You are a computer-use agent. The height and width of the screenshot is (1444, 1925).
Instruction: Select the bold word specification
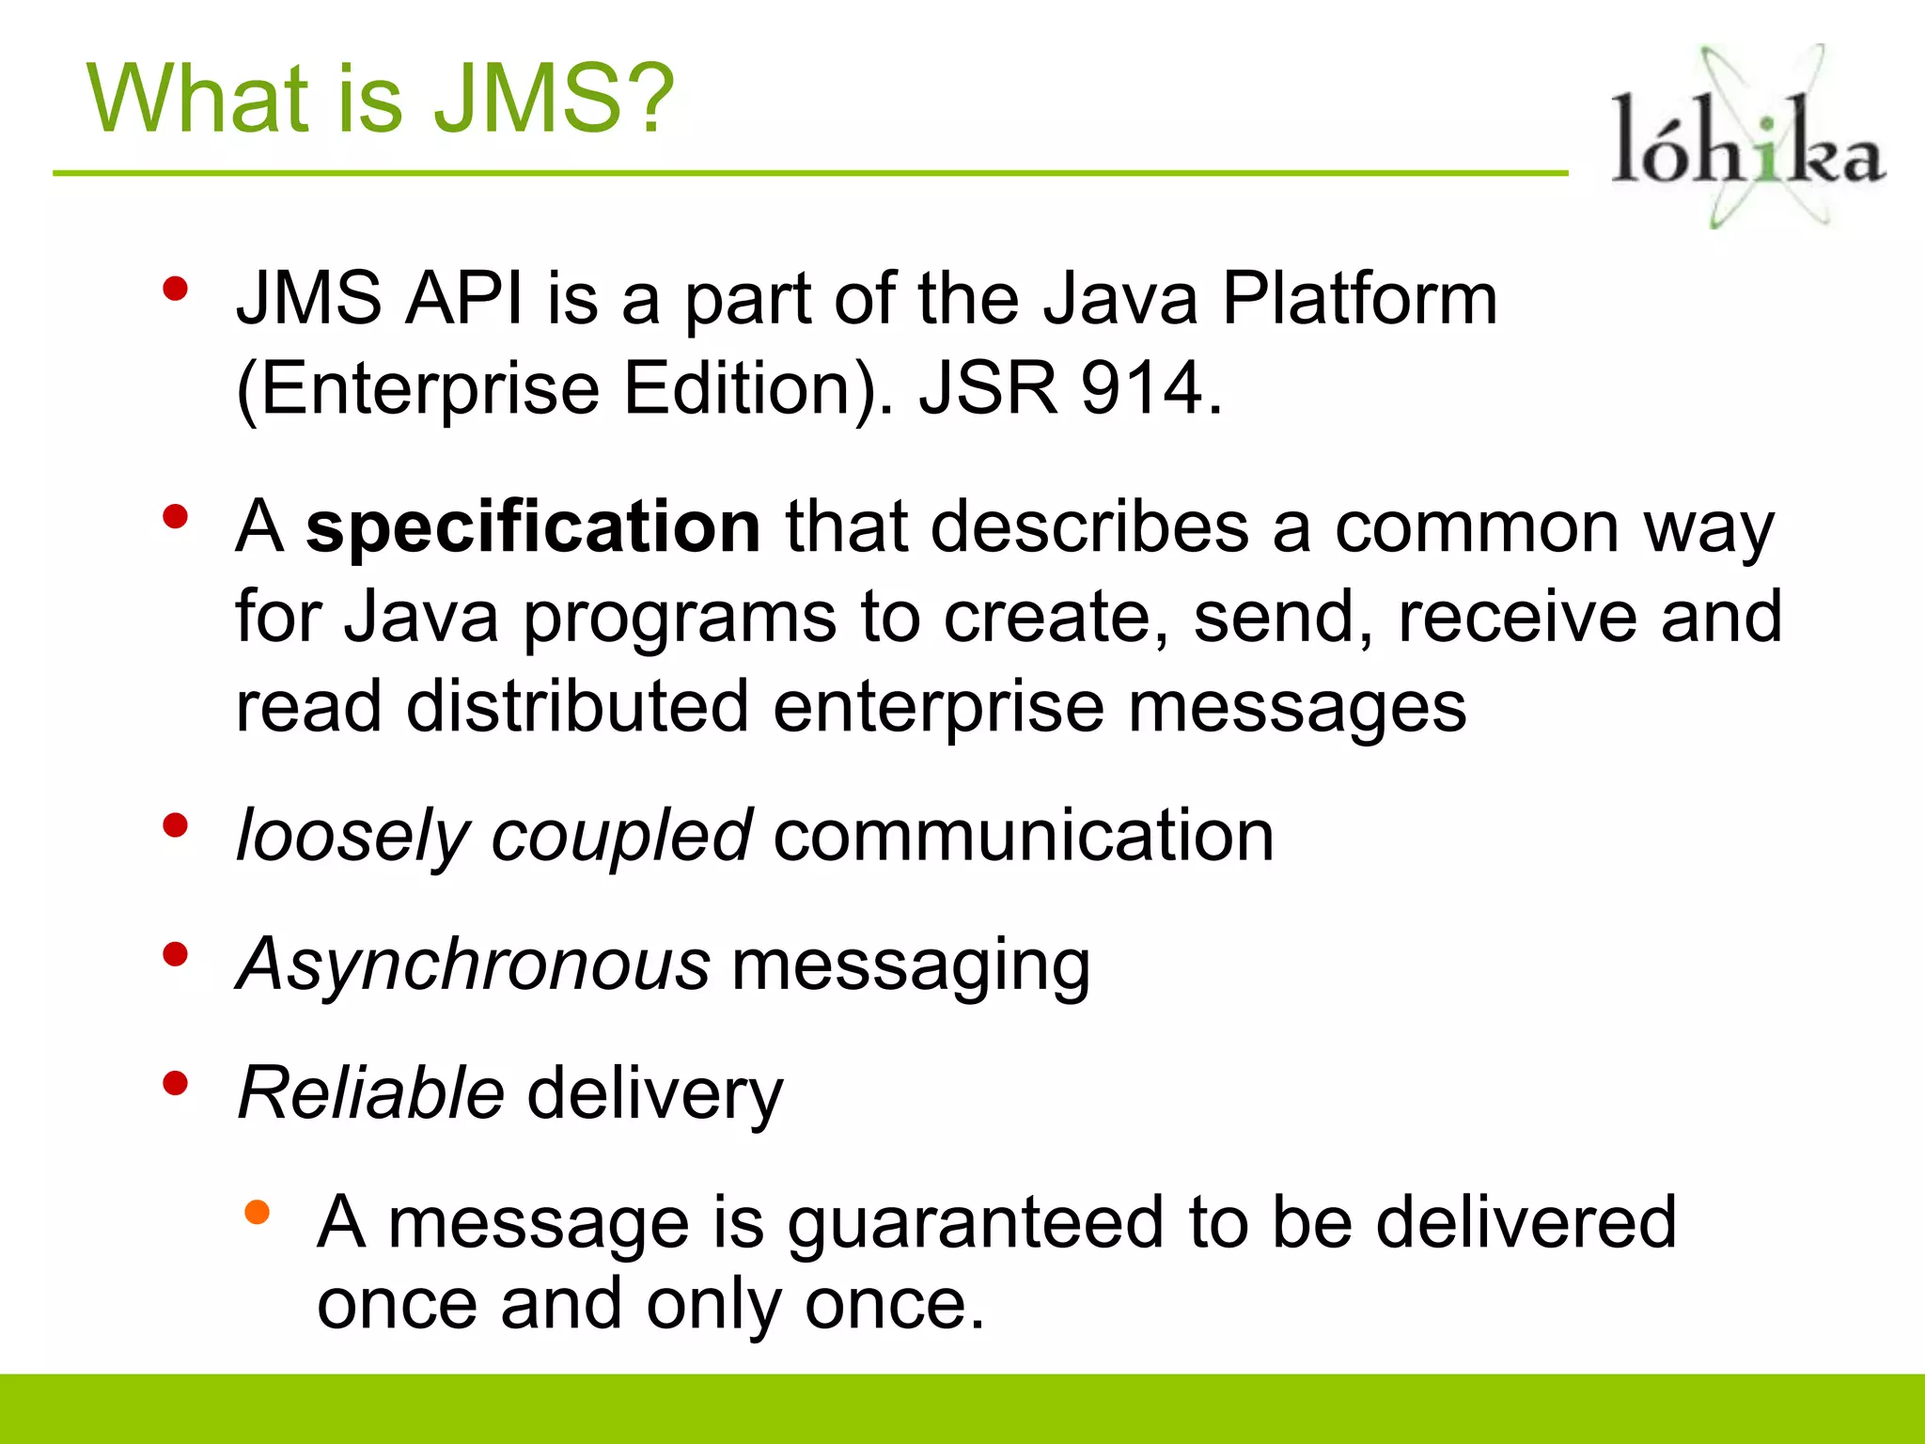[x=533, y=527]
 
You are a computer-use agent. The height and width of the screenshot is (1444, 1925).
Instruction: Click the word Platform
[x=1359, y=299]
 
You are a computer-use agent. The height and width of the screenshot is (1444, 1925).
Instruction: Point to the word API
[x=463, y=299]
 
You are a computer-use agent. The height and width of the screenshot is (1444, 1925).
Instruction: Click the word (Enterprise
[x=417, y=389]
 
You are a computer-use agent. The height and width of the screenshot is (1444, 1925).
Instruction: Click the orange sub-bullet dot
[x=257, y=1213]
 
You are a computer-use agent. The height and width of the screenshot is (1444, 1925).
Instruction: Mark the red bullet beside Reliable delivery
[x=175, y=1085]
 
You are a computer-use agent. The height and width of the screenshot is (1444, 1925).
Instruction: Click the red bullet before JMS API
[x=175, y=289]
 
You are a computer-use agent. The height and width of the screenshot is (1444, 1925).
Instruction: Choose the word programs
[x=679, y=619]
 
